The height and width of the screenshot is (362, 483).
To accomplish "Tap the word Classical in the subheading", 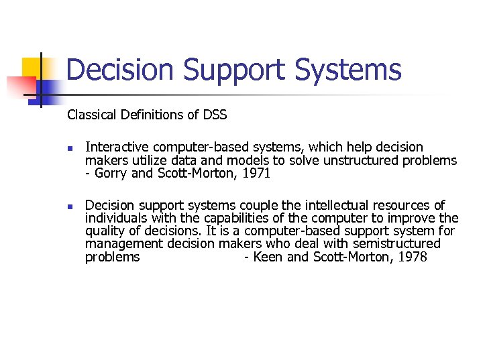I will point(92,115).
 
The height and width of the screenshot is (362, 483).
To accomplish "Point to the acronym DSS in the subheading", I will point(214,115).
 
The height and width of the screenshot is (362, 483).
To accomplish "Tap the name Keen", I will point(268,257).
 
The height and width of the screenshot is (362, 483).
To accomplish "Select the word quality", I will point(105,231).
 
